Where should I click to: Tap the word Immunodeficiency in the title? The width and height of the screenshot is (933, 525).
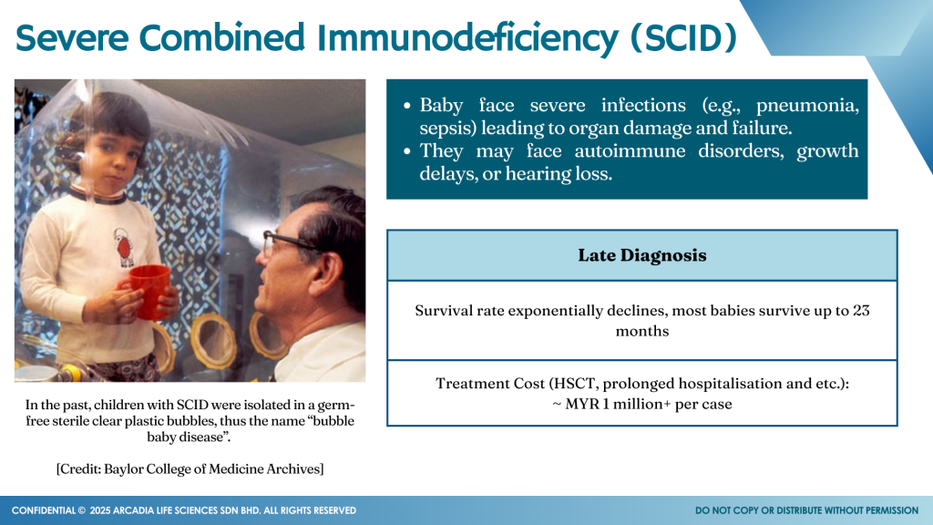(467, 38)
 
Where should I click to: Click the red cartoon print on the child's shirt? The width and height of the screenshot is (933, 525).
(124, 246)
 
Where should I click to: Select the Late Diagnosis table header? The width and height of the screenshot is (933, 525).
(642, 255)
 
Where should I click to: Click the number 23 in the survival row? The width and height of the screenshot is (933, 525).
(861, 310)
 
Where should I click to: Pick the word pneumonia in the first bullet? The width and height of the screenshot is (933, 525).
(807, 107)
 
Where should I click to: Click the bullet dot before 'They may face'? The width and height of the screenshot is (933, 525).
(407, 152)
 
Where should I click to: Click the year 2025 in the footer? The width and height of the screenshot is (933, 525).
(100, 510)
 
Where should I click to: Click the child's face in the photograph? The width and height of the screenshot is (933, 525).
(115, 153)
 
